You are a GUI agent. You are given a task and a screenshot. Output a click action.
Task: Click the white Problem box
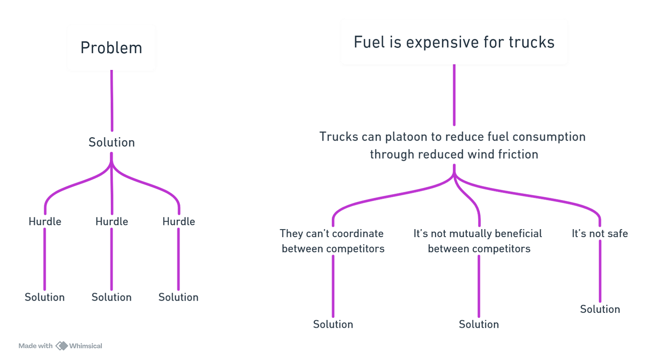click(112, 47)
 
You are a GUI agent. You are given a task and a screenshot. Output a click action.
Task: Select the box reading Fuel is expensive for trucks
click(454, 41)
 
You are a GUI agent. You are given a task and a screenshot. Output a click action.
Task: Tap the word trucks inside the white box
click(532, 42)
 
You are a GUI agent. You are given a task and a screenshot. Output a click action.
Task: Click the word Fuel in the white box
click(366, 42)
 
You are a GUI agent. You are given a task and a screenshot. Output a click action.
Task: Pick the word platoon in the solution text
click(405, 137)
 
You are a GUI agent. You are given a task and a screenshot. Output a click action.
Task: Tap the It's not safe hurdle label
click(600, 234)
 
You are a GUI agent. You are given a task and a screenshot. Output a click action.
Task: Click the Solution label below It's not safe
click(600, 309)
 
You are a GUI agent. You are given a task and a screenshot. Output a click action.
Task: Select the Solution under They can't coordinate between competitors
click(333, 324)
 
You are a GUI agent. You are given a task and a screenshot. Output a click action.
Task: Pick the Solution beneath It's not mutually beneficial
click(479, 324)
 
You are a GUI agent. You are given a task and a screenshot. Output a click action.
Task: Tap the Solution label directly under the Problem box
click(112, 143)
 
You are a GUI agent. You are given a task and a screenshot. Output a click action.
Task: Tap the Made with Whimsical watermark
click(60, 346)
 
